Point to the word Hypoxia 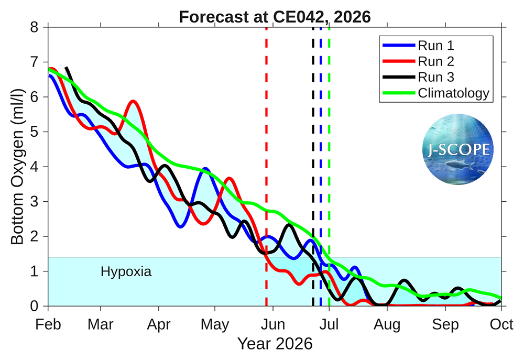click(x=126, y=272)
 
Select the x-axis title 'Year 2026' click(x=275, y=344)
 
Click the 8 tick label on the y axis click(x=34, y=27)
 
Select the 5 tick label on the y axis click(x=34, y=132)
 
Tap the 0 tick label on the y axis click(x=34, y=306)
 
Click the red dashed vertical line click(x=266, y=157)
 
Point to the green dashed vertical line click(x=329, y=157)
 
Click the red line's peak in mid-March click(x=134, y=101)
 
